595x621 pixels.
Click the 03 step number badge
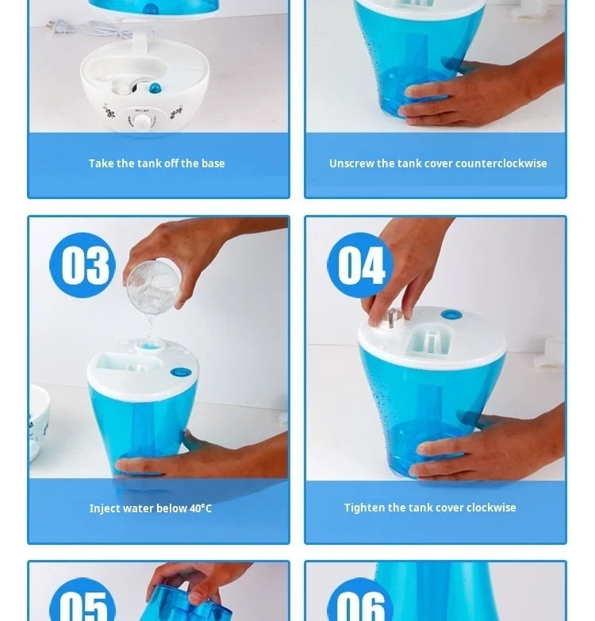(83, 265)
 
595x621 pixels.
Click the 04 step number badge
(359, 265)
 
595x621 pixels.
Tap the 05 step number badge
(83, 604)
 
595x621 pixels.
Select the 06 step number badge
(359, 604)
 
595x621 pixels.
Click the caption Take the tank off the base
(157, 163)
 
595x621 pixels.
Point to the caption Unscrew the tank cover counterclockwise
(438, 163)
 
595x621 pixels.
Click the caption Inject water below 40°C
(151, 508)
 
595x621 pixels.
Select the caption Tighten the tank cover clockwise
(430, 508)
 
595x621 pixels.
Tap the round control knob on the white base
(142, 121)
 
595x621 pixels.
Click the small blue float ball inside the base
(155, 86)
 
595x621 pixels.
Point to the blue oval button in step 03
(182, 371)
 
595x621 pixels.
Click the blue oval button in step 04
(451, 315)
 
